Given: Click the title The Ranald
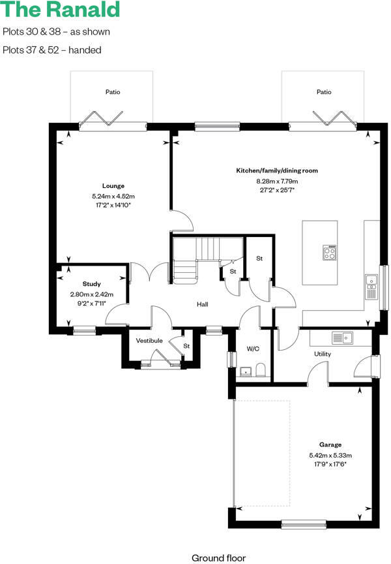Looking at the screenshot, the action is pos(60,10).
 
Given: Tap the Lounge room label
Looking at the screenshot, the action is pos(113,186).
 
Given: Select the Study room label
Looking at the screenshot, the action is pos(91,284).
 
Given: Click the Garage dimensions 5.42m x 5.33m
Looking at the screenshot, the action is pos(330,456).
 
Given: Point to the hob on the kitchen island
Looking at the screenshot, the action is pos(330,252).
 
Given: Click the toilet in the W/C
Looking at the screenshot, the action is pos(260,369).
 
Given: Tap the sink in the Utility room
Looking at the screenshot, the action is pos(342,338).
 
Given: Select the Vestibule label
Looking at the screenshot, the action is pos(149,341).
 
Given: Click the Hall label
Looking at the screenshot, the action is pos(203,304).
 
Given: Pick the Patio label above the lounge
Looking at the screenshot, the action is pos(113,92).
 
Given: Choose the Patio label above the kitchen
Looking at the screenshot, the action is pos(324,92).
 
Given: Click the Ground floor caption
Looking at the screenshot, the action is pos(219,558).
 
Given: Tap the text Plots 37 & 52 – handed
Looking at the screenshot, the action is pos(51,50).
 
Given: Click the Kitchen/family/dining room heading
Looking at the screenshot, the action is pos(277,170).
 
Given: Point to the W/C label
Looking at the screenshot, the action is pos(253,349).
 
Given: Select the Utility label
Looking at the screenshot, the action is pos(323,354).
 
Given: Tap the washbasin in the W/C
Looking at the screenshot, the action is pos(246,371).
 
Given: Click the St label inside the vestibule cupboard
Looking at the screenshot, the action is pos(186,346).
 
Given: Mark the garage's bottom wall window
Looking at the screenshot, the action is pos(304,524).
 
